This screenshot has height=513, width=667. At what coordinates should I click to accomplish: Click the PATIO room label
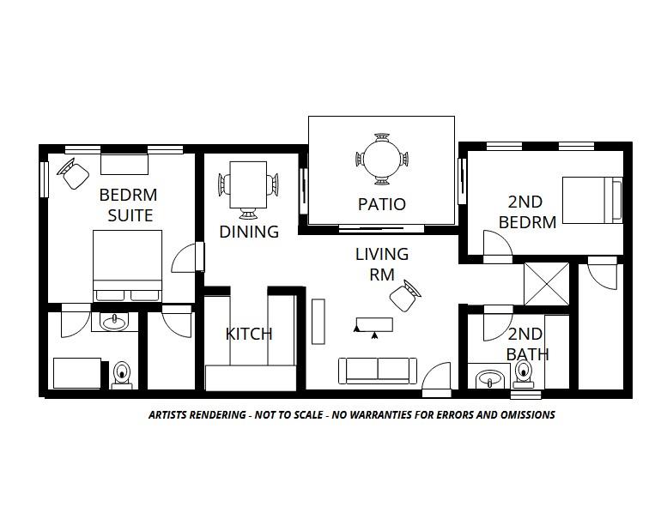pyautogui.click(x=381, y=204)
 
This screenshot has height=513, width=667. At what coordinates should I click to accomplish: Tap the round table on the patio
pyautogui.click(x=381, y=158)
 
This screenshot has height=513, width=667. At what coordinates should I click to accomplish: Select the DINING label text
pyautogui.click(x=249, y=232)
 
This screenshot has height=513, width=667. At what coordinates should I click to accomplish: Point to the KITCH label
pyautogui.click(x=249, y=334)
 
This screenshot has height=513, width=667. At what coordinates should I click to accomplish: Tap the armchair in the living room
pyautogui.click(x=404, y=296)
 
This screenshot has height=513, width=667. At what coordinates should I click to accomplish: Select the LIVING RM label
pyautogui.click(x=382, y=264)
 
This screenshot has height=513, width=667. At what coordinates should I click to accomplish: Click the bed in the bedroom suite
pyautogui.click(x=128, y=266)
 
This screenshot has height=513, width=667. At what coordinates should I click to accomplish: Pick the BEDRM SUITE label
pyautogui.click(x=126, y=204)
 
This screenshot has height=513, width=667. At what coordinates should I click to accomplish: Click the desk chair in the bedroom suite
pyautogui.click(x=74, y=174)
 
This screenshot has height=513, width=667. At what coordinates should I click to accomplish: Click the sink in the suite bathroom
pyautogui.click(x=113, y=322)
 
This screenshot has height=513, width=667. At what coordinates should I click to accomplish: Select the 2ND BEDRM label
pyautogui.click(x=527, y=212)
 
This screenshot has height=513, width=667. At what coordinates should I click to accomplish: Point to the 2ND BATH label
pyautogui.click(x=526, y=344)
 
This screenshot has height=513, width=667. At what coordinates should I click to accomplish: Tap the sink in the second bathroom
pyautogui.click(x=488, y=378)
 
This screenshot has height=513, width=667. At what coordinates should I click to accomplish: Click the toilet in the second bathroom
pyautogui.click(x=524, y=374)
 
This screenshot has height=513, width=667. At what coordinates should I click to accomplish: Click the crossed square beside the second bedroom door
pyautogui.click(x=547, y=283)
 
